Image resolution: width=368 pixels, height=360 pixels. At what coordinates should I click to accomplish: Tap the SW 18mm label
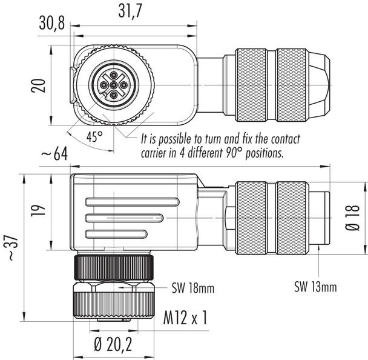tap(194, 289)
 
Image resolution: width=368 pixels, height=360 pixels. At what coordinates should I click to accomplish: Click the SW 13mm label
tap(315, 285)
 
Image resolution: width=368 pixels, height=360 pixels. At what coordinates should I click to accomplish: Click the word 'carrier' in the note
tap(156, 153)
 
